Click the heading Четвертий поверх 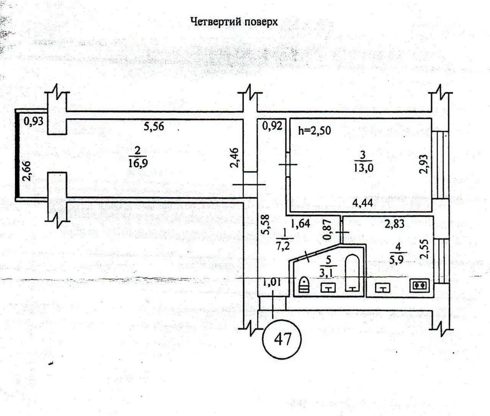pyautogui.click(x=234, y=22)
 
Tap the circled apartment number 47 pyautogui.click(x=282, y=339)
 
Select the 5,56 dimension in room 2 pyautogui.click(x=154, y=126)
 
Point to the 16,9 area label pyautogui.click(x=138, y=163)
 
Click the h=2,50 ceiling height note pyautogui.click(x=314, y=131)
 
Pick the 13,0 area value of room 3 pyautogui.click(x=363, y=168)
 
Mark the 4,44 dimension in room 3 pyautogui.click(x=363, y=203)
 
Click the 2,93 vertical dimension pyautogui.click(x=423, y=164)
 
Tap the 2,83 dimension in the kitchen pyautogui.click(x=394, y=223)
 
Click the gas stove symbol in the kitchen pyautogui.click(x=420, y=285)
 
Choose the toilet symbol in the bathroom pyautogui.click(x=304, y=284)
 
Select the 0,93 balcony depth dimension pyautogui.click(x=33, y=121)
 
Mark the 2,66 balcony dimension pyautogui.click(x=27, y=171)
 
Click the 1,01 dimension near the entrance pyautogui.click(x=272, y=282)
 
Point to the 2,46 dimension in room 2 pyautogui.click(x=235, y=158)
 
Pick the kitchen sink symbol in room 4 pyautogui.click(x=382, y=288)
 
